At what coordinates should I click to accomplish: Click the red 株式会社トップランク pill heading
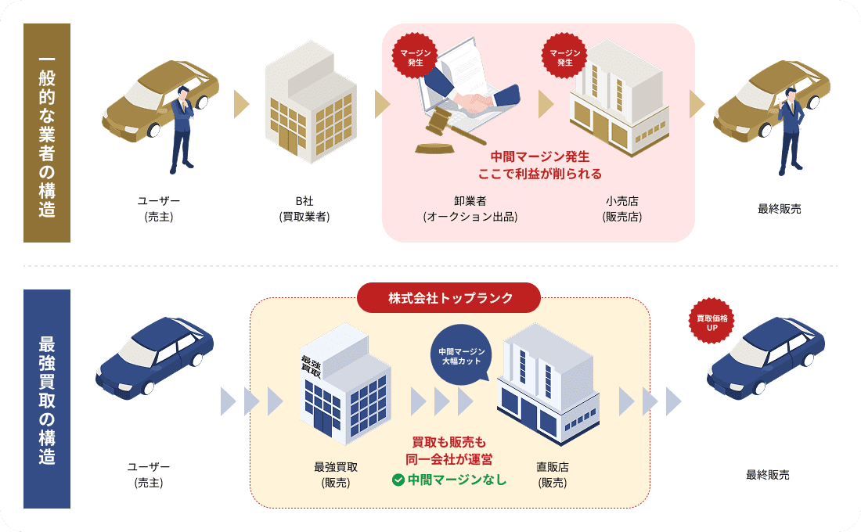pyautogui.click(x=449, y=297)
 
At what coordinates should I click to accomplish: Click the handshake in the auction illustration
pyautogui.click(x=477, y=101)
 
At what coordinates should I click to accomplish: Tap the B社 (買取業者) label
pyautogui.click(x=304, y=209)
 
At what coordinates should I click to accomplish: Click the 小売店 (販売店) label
pyautogui.click(x=622, y=209)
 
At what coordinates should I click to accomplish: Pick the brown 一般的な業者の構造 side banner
pyautogui.click(x=47, y=133)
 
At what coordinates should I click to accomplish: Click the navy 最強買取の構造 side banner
pyautogui.click(x=47, y=399)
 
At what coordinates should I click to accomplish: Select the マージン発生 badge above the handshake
pyautogui.click(x=416, y=56)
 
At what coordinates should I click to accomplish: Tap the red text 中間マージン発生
pyautogui.click(x=539, y=156)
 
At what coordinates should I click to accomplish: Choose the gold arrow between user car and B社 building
pyautogui.click(x=241, y=104)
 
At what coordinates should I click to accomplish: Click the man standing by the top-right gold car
pyautogui.click(x=791, y=129)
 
